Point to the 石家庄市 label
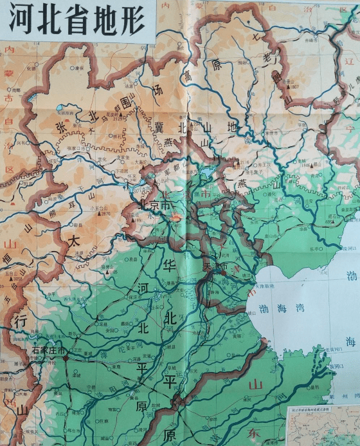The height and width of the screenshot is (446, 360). pos(49,351)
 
